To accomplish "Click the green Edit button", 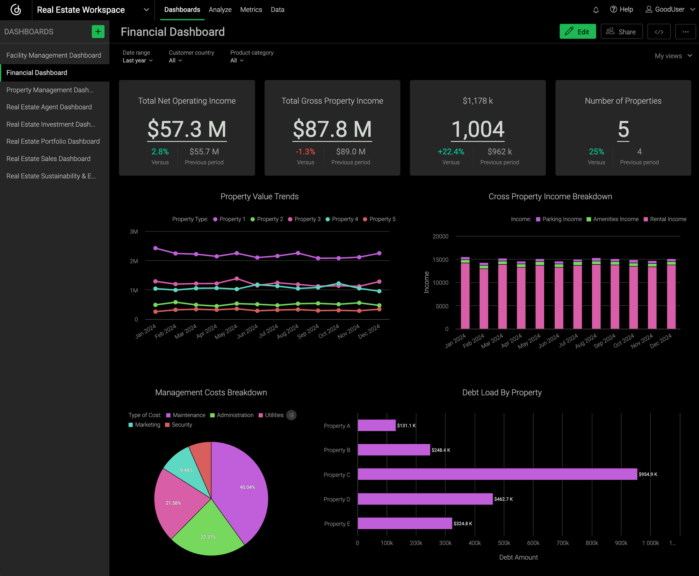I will click(577, 32).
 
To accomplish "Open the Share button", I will click(621, 32).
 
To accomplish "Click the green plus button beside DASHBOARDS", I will click(98, 32).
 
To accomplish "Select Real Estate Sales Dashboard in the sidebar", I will click(48, 159).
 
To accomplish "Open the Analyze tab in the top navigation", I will click(220, 10).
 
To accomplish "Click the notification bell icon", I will click(596, 10).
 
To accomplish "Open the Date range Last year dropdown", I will click(138, 60).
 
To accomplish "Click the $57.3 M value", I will click(187, 129).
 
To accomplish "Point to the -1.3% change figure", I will click(305, 152).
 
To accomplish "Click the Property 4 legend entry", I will click(342, 219).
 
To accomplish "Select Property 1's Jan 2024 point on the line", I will click(156, 248).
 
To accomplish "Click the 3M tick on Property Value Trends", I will click(134, 232).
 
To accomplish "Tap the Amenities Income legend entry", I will click(612, 219).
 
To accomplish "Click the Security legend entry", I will click(179, 425).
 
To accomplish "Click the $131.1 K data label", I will click(406, 425).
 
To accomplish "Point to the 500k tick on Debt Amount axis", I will click(504, 543).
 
